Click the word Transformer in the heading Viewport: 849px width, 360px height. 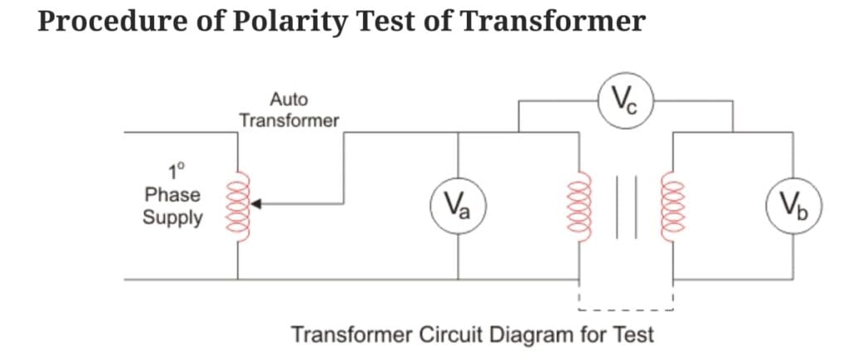pos(552,21)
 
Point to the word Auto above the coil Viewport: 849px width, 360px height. pos(289,100)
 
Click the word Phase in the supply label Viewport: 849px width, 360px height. pos(172,196)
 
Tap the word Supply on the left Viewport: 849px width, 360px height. pos(172,218)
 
